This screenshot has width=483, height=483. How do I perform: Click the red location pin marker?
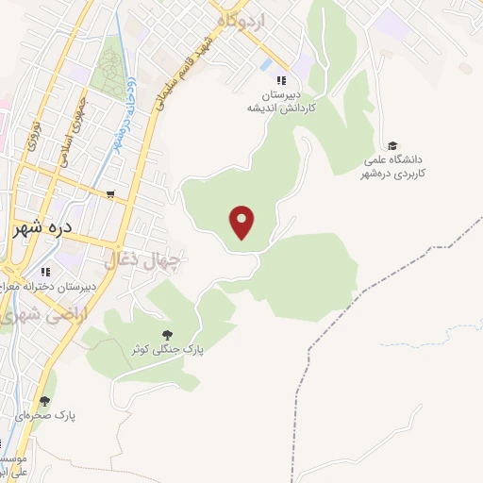click(243, 223)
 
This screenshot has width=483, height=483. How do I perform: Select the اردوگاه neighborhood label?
click(241, 20)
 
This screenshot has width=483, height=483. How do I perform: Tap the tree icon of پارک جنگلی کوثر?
click(167, 334)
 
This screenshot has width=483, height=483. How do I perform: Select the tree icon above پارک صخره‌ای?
click(44, 401)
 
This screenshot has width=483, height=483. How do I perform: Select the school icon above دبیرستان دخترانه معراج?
click(44, 271)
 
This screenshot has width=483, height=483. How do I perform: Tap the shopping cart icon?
click(111, 195)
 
